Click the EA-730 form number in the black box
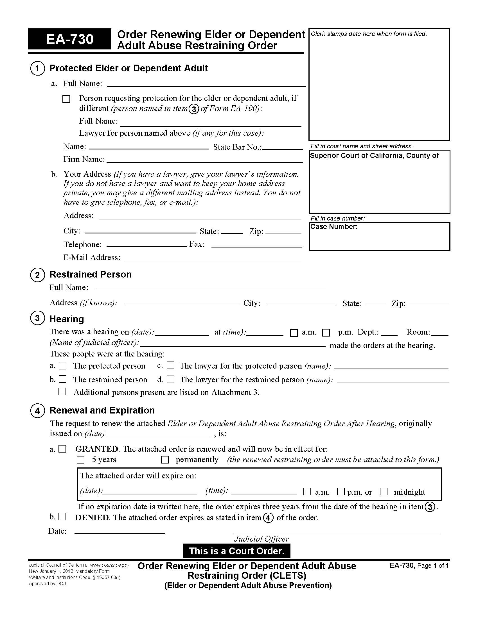pyautogui.click(x=70, y=39)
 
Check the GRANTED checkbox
pyautogui.click(x=63, y=449)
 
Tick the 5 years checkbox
pyautogui.click(x=81, y=460)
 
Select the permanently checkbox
pyautogui.click(x=165, y=460)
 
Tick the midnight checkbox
pyautogui.click(x=384, y=492)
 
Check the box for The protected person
pyautogui.click(x=63, y=365)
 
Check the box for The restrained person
pyautogui.click(x=63, y=379)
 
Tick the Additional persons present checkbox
pyautogui.click(x=62, y=392)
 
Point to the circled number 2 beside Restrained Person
pyautogui.click(x=37, y=275)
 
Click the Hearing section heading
pyautogui.click(x=67, y=319)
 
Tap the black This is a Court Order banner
pyautogui.click(x=236, y=551)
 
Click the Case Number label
pyautogui.click(x=333, y=227)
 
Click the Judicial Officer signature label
pyautogui.click(x=261, y=539)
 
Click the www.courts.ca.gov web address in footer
pyautogui.click(x=110, y=565)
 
